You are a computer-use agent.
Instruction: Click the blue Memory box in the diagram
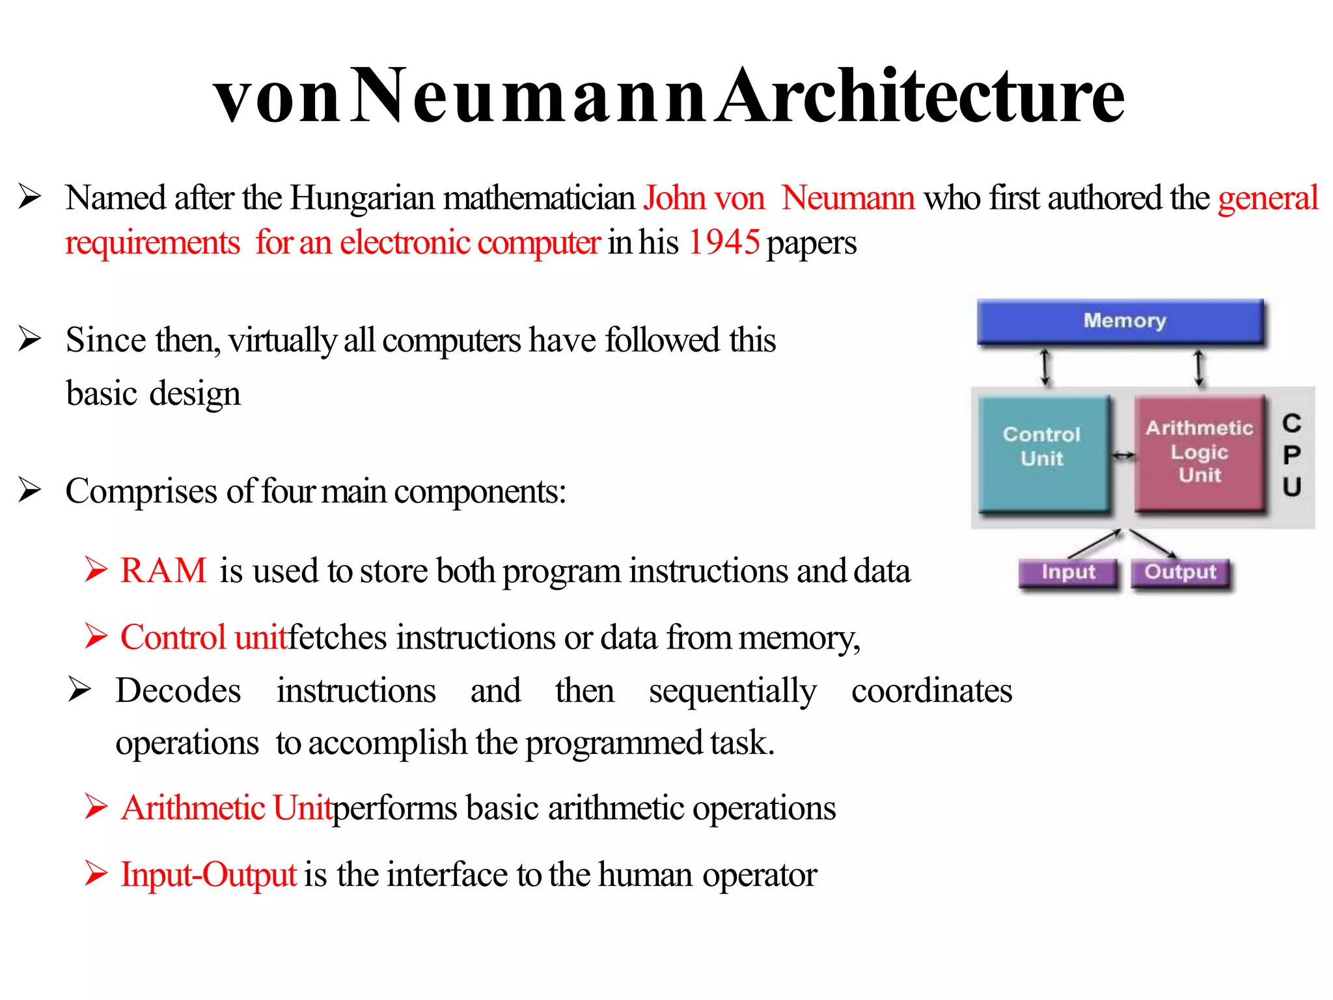(1121, 321)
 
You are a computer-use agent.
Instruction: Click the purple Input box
(1068, 573)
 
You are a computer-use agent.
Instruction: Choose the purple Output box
(1181, 573)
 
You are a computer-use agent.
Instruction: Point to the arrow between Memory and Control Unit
(1045, 367)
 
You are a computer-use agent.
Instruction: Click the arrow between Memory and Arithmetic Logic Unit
(1199, 367)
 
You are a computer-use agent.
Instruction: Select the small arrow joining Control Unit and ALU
(1123, 456)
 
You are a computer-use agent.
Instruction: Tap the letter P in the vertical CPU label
(1291, 455)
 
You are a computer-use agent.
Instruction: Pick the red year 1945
(724, 243)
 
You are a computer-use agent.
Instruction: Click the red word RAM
(163, 570)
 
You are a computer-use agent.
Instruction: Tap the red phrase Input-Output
(209, 874)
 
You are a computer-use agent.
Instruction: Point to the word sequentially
(732, 691)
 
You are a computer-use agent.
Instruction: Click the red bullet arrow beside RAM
(96, 570)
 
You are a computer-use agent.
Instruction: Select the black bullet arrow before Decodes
(79, 690)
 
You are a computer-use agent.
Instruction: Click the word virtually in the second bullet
(282, 340)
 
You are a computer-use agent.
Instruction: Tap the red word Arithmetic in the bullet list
(193, 808)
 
